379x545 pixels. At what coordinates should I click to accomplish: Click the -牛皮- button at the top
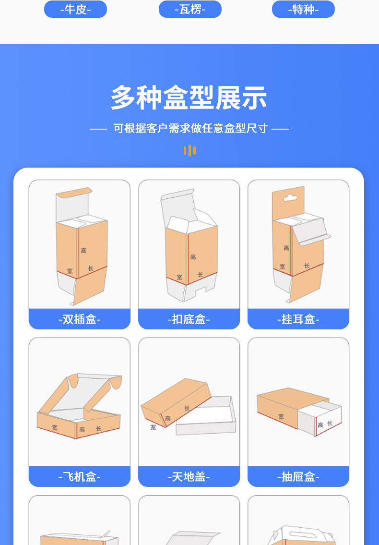click(75, 9)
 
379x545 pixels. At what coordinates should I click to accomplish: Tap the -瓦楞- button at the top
click(190, 9)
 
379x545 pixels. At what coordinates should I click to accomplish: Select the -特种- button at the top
click(303, 9)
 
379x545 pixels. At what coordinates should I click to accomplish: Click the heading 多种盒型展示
click(189, 98)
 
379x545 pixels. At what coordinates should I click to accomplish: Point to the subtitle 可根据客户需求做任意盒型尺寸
click(190, 129)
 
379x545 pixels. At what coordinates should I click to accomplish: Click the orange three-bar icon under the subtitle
click(189, 150)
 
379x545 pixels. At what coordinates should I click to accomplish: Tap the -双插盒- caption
click(80, 319)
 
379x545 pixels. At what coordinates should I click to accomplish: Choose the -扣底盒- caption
click(189, 319)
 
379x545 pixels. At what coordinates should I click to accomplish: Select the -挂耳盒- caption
click(298, 319)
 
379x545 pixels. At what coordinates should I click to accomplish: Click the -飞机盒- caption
click(80, 477)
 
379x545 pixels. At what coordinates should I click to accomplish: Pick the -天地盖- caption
click(189, 477)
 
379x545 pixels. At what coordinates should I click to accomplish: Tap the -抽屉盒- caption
click(298, 477)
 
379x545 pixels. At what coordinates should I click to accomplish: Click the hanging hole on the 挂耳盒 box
click(288, 197)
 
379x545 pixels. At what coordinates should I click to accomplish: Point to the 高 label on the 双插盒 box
click(83, 251)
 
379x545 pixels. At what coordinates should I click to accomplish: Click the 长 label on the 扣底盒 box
click(201, 274)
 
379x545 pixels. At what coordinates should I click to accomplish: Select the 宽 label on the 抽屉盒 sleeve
click(281, 417)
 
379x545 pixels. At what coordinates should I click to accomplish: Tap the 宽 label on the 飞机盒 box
click(55, 427)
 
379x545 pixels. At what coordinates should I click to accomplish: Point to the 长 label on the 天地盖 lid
click(187, 408)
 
